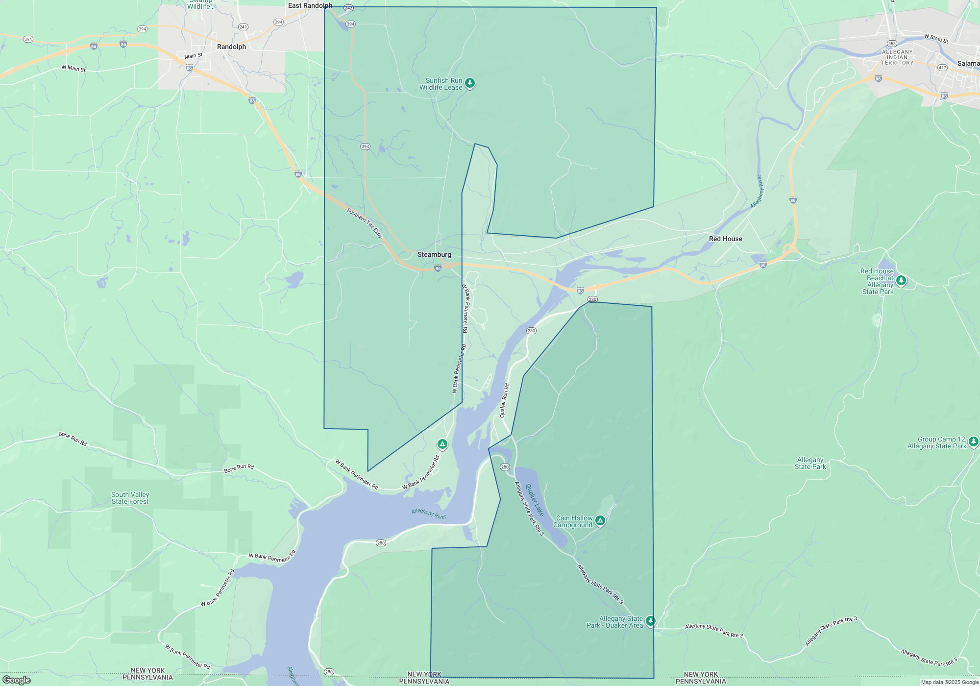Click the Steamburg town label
pos(434,254)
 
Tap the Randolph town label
pos(231,47)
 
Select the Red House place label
pos(725,239)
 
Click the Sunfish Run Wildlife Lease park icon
pos(470,83)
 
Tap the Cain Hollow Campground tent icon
pos(600,520)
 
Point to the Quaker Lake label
pos(535,500)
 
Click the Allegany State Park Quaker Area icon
pos(650,621)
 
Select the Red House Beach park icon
pos(901,280)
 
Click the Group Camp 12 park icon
pos(973,441)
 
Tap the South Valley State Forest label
pos(130,498)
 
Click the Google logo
pos(17,680)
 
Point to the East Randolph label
pos(310,5)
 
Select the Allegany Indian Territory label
pos(897,57)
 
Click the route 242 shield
pos(348,8)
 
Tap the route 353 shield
pos(892,44)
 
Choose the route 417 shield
pos(942,68)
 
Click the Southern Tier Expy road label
pos(365,222)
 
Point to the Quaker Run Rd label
pos(505,400)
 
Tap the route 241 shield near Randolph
pos(243,27)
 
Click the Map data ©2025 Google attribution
pos(949,682)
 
